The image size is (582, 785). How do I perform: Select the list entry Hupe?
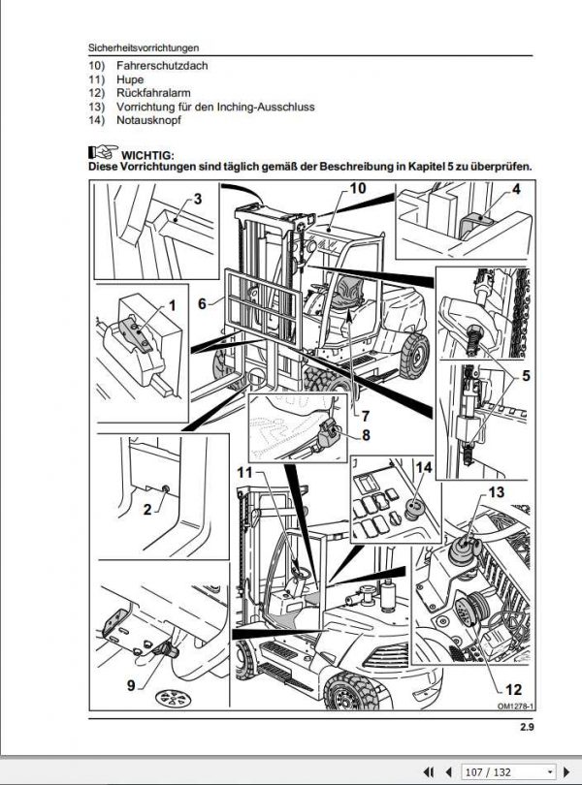coord(129,79)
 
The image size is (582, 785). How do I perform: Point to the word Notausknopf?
coord(147,120)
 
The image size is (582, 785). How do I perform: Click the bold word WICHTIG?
coord(147,154)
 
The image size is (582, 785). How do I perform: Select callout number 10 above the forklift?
coord(358,188)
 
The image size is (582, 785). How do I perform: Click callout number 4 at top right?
coord(517,189)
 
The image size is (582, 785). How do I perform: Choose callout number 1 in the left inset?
coord(171,305)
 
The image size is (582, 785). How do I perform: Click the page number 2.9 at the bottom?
coord(527,727)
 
